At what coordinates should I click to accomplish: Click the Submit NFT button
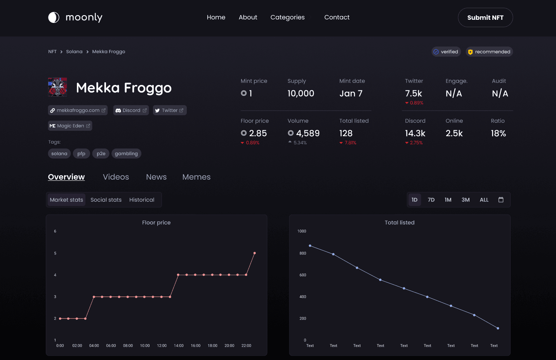coord(485,17)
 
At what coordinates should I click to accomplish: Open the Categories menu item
coord(288,17)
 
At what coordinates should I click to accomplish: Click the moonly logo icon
coord(54,17)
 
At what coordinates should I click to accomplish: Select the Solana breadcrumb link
coord(74,52)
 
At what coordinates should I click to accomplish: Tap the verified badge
coord(446,52)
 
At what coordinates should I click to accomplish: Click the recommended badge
coord(489,52)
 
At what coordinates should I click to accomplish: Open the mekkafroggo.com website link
coord(78,111)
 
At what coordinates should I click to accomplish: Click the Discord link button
coord(131,111)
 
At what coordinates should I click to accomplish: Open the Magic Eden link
coord(70,126)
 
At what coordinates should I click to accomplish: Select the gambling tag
coord(126,154)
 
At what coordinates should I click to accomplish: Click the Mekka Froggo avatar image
coord(57,87)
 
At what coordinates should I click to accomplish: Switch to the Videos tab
coord(116,177)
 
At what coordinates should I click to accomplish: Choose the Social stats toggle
coord(106,200)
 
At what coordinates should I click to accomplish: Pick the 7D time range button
coord(431,200)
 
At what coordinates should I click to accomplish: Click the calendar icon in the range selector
coord(501,200)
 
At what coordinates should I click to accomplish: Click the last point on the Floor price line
coord(255,253)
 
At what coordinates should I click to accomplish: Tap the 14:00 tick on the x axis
coord(179,346)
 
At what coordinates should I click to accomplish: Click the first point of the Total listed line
coord(310,246)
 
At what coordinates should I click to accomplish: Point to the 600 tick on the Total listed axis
coord(303,275)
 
